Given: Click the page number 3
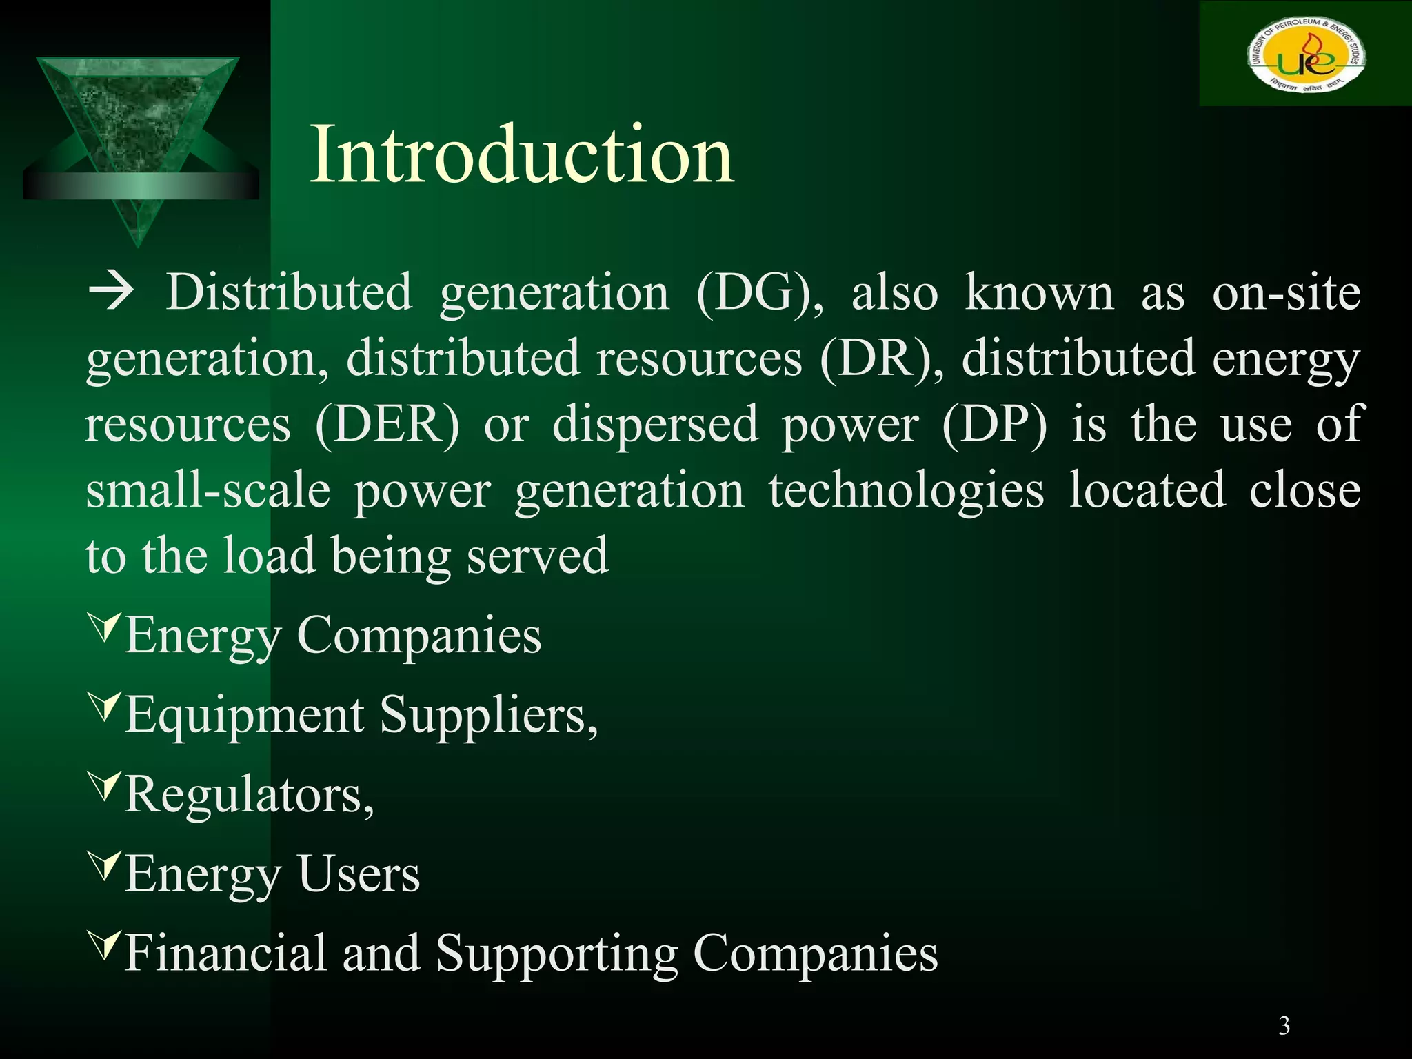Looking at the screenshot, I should pyautogui.click(x=1284, y=1025).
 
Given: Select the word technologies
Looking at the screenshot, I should pyautogui.click(x=906, y=491).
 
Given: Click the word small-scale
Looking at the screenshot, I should pyautogui.click(x=208, y=491).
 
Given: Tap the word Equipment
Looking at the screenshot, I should pyautogui.click(x=245, y=716).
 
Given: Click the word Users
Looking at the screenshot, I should pyautogui.click(x=359, y=874).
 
